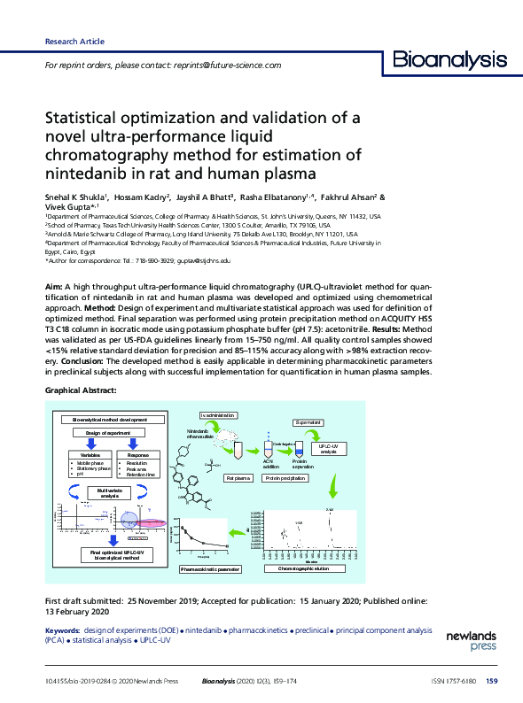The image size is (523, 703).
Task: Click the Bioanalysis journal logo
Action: pyautogui.click(x=449, y=60)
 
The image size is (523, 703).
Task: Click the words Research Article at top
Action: pyautogui.click(x=74, y=42)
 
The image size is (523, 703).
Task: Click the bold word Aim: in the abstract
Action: pyautogui.click(x=52, y=290)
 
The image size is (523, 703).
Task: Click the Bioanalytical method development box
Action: pyautogui.click(x=111, y=419)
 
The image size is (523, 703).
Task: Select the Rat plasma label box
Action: pyautogui.click(x=239, y=478)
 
